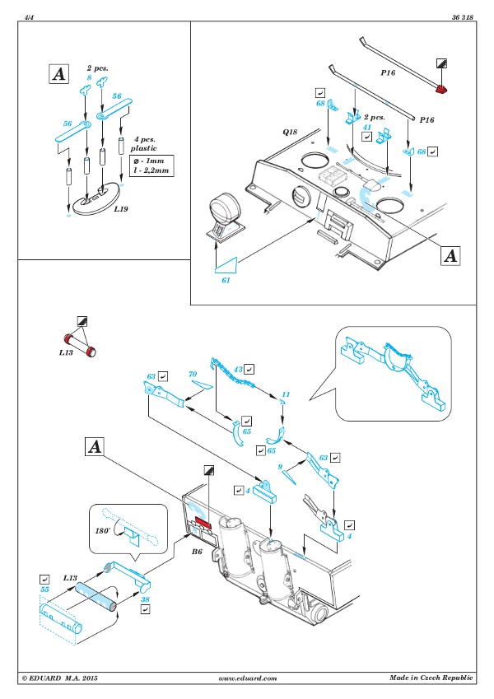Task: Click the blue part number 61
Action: click(226, 280)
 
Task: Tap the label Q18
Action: click(290, 132)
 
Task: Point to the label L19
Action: click(120, 208)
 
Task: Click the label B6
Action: click(197, 552)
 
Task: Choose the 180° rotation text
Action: click(102, 530)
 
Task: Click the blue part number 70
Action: click(193, 374)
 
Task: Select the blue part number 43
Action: click(239, 369)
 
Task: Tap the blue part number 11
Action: click(286, 394)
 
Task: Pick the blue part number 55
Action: click(44, 589)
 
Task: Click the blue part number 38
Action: click(146, 599)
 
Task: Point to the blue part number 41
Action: click(367, 127)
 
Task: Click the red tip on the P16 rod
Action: click(441, 89)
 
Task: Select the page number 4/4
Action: click(29, 17)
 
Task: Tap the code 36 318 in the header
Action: click(463, 17)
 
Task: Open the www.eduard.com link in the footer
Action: click(248, 678)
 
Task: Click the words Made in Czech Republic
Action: click(431, 678)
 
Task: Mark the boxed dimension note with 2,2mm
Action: click(151, 165)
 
